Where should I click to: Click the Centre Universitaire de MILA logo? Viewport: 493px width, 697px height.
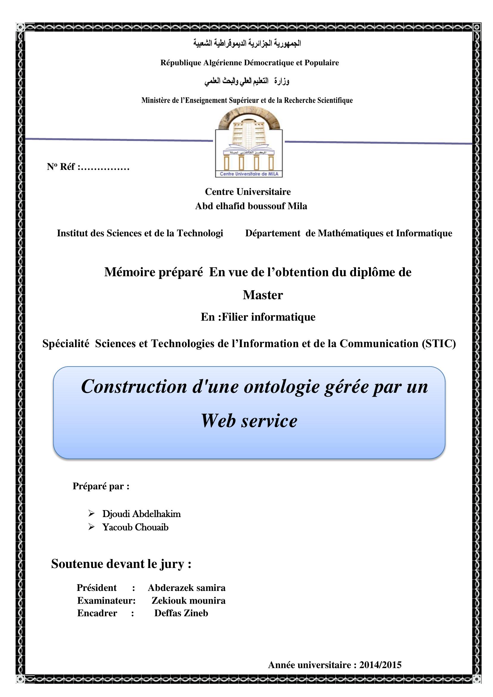pyautogui.click(x=249, y=143)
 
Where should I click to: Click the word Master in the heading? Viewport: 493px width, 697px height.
pyautogui.click(x=263, y=295)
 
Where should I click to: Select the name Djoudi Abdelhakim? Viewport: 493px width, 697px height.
pyautogui.click(x=141, y=513)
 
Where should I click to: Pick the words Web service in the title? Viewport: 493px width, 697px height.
pyautogui.click(x=249, y=421)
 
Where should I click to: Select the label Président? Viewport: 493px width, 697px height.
pyautogui.click(x=97, y=588)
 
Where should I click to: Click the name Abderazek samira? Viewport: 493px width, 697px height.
pyautogui.click(x=186, y=588)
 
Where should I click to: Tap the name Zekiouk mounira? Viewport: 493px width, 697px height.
pyautogui.click(x=188, y=600)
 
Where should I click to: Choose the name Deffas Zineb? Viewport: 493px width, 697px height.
pyautogui.click(x=181, y=613)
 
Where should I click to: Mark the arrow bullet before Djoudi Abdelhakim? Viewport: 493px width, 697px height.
pyautogui.click(x=91, y=513)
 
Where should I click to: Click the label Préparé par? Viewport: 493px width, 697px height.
pyautogui.click(x=101, y=486)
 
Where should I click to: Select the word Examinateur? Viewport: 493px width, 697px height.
pyautogui.click(x=106, y=600)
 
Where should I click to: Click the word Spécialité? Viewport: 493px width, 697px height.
pyautogui.click(x=66, y=344)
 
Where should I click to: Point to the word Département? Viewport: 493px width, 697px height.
pyautogui.click(x=273, y=233)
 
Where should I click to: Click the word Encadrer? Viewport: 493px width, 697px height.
pyautogui.click(x=97, y=613)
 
